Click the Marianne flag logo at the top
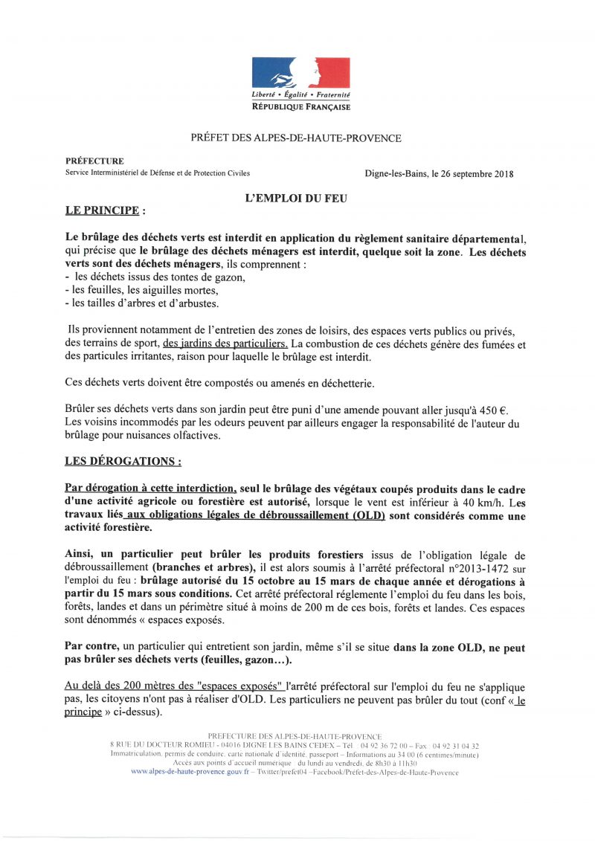[x=300, y=73]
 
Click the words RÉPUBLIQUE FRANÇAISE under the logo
[x=300, y=107]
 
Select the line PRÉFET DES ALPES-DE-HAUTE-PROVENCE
[x=296, y=138]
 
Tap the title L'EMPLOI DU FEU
[x=297, y=198]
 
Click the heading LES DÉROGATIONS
[x=123, y=461]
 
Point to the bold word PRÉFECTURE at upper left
[x=94, y=161]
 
